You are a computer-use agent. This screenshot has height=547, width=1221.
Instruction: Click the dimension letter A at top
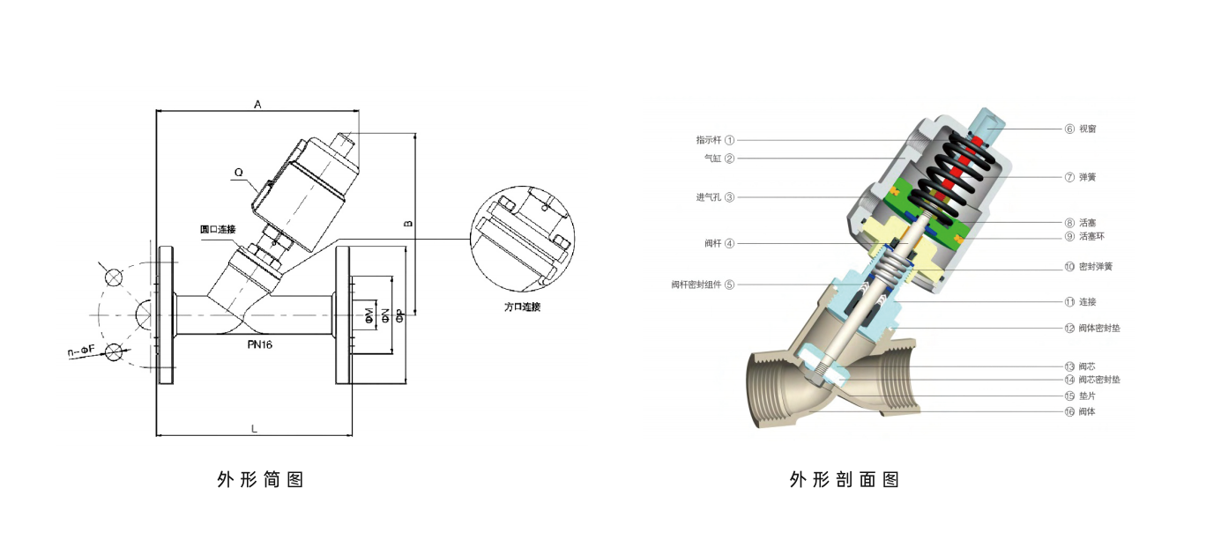(x=257, y=104)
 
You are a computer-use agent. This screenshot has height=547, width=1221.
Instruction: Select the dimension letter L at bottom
(x=254, y=428)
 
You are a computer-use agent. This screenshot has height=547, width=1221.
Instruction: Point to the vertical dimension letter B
(x=407, y=224)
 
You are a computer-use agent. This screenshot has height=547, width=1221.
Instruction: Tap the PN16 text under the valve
(x=259, y=344)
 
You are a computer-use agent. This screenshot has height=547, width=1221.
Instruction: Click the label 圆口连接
(x=218, y=229)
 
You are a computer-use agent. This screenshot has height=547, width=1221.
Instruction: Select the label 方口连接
(x=522, y=307)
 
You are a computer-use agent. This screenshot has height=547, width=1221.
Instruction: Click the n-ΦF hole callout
(x=81, y=351)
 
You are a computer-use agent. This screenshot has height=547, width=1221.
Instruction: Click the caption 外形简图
(x=260, y=479)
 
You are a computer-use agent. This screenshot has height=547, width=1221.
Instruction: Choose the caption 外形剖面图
(x=844, y=479)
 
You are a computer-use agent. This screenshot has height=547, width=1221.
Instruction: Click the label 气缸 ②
(x=718, y=159)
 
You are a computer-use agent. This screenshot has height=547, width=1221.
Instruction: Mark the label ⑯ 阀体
(x=1080, y=411)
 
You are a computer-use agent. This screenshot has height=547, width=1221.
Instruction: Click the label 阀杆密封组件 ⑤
(x=702, y=285)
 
